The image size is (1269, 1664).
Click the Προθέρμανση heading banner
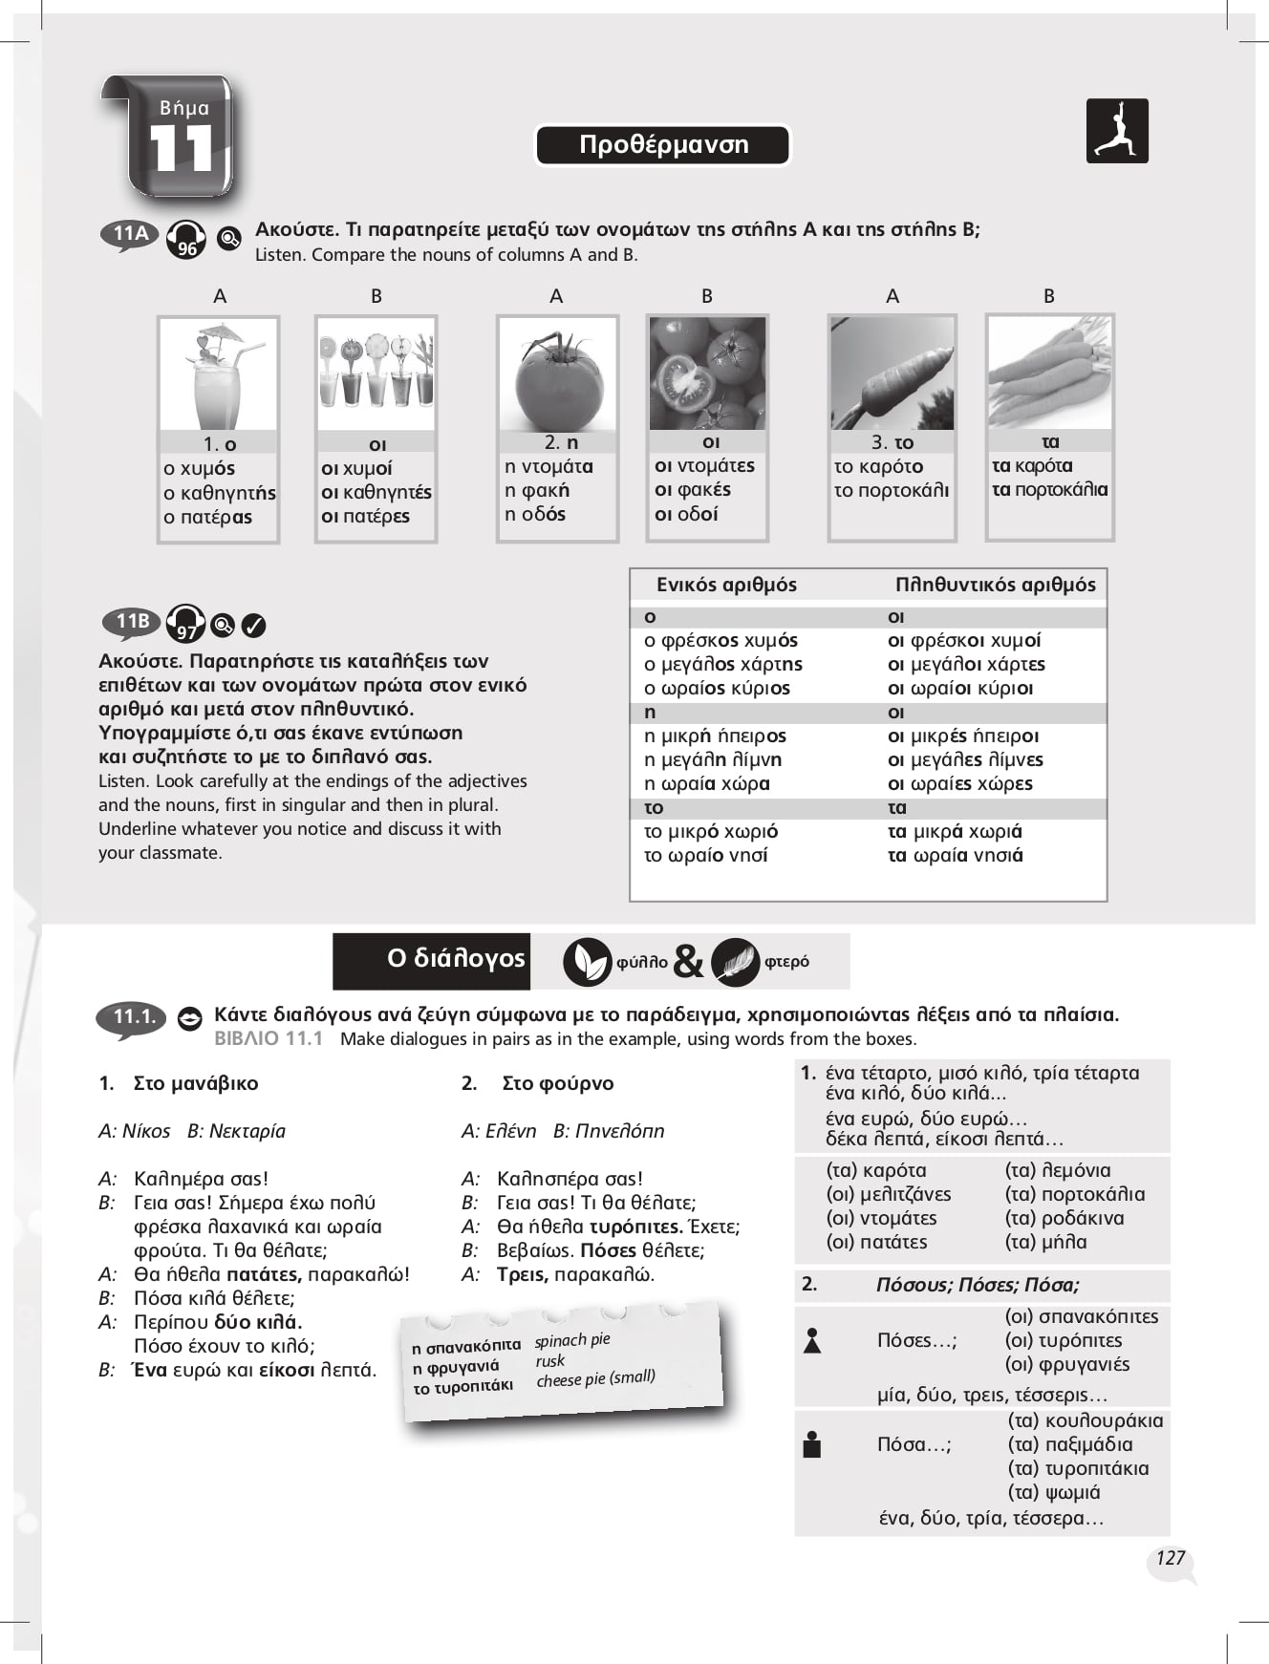coord(663,145)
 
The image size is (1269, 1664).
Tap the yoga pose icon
coord(1116,131)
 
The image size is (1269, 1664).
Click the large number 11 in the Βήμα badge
coord(182,150)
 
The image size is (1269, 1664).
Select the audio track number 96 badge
coord(186,247)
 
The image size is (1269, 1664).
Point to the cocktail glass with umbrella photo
coord(218,374)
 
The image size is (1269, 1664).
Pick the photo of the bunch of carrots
coord(1049,373)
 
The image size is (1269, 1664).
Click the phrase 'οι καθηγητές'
coord(376,492)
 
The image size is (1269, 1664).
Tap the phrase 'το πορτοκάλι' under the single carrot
coord(891,490)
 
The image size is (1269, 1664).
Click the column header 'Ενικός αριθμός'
coord(726,585)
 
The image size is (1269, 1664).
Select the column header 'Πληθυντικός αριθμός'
coord(995,585)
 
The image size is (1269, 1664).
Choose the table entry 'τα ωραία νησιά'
coord(955,855)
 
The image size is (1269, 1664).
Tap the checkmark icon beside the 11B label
coord(253,626)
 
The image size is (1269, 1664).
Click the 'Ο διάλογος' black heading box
coord(432,960)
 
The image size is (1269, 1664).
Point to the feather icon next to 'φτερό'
coord(735,962)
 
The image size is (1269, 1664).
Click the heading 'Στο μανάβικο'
coord(195,1083)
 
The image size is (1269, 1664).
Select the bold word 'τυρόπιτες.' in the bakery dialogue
coord(635,1227)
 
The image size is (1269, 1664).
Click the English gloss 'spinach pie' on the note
coord(571,1340)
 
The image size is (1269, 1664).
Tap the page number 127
coord(1170,1558)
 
